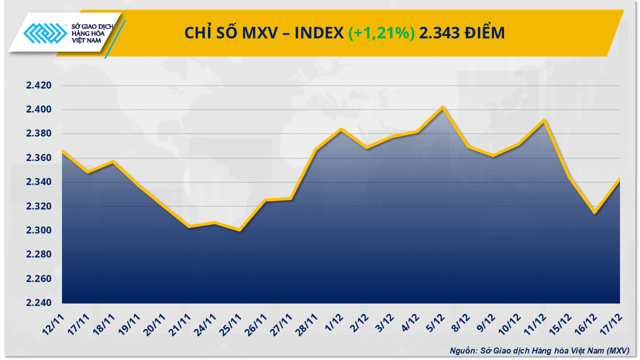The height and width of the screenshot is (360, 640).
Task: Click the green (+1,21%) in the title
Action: point(381,33)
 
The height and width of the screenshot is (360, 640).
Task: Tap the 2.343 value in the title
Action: point(439,33)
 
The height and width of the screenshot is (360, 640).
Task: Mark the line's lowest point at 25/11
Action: point(239,230)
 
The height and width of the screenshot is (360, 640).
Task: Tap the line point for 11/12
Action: point(544,120)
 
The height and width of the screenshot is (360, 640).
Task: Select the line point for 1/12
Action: point(341,129)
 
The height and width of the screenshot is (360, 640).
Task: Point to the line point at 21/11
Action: point(189,226)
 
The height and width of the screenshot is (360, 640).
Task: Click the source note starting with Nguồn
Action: point(539,350)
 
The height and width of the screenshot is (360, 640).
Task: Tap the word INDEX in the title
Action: point(318,33)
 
